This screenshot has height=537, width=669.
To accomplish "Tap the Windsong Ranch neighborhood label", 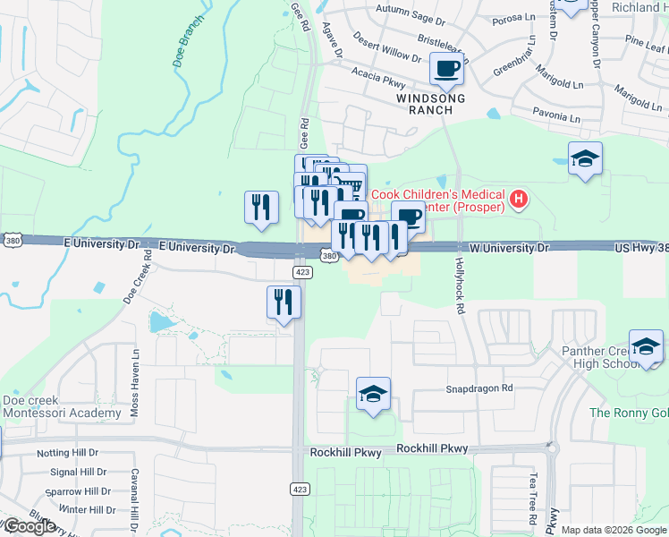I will (x=425, y=101).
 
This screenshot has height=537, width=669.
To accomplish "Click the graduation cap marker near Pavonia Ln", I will (x=585, y=158).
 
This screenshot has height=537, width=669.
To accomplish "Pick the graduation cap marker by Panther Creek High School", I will (x=646, y=346).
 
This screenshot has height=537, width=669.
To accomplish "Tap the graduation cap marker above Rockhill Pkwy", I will (x=373, y=393).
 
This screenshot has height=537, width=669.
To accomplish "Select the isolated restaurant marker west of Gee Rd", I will (x=261, y=207).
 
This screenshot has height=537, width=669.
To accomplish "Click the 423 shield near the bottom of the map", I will (x=299, y=488).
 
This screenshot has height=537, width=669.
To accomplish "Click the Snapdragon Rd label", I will (x=479, y=388).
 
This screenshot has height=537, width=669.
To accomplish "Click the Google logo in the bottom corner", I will (x=29, y=525).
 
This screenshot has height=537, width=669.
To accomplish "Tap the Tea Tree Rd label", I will (x=533, y=500).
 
